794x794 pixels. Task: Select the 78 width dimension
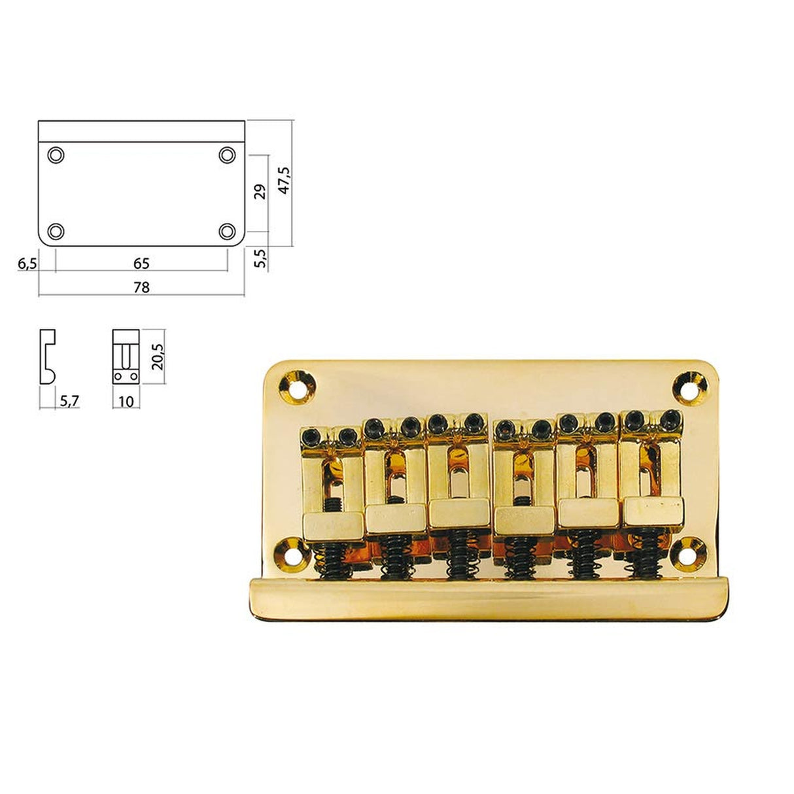point(141,287)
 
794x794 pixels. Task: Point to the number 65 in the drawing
point(141,264)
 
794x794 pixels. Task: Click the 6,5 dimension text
point(27,264)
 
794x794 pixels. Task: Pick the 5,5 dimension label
point(260,258)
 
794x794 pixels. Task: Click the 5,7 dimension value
point(69,400)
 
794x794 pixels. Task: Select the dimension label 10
point(126,400)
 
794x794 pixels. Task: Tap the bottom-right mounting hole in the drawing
point(227,231)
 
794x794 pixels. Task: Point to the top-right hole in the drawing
point(227,155)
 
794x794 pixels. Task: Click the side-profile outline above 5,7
point(47,357)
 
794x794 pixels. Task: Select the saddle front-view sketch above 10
point(126,357)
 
